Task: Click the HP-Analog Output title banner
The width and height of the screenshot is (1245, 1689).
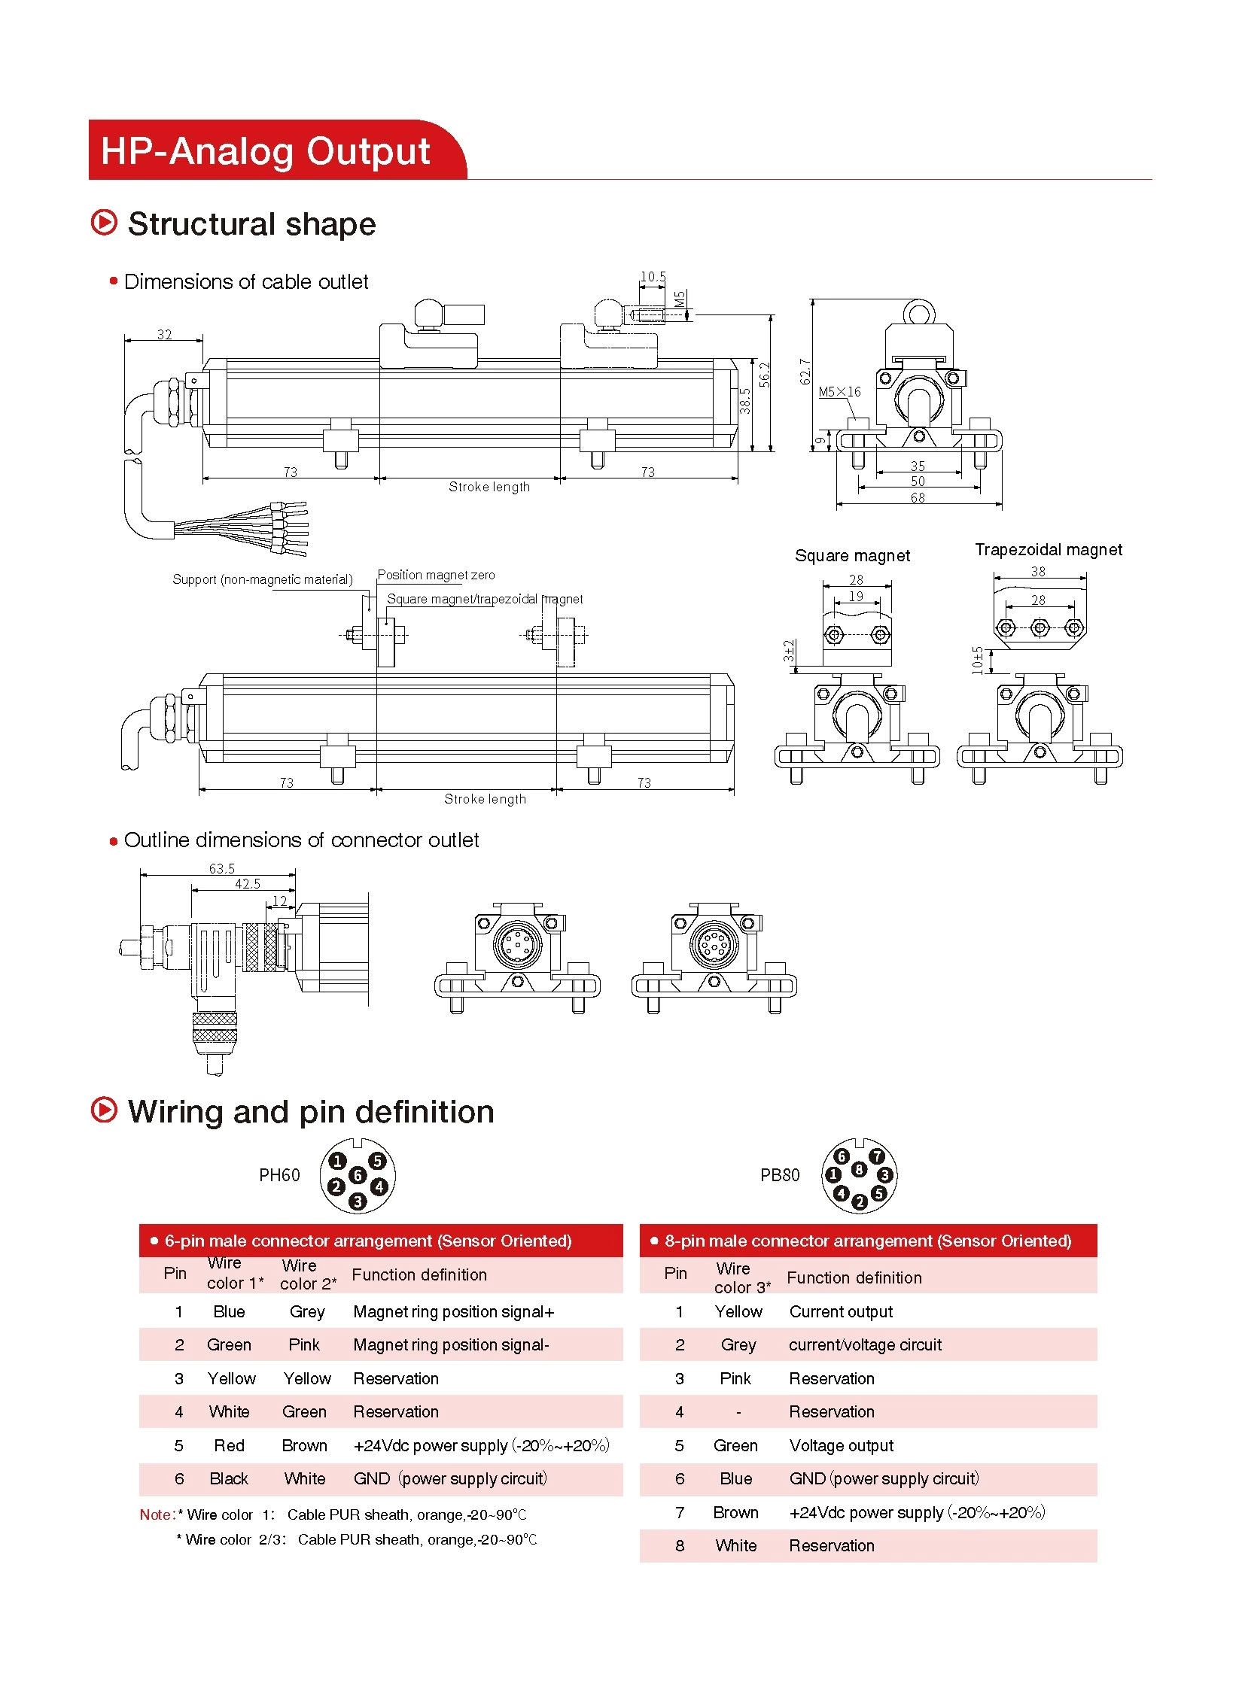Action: (265, 150)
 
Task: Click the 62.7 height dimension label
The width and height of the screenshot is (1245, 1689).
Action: (805, 372)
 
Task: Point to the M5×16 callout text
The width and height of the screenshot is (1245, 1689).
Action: (839, 392)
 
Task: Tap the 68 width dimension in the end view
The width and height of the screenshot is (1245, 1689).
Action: (917, 498)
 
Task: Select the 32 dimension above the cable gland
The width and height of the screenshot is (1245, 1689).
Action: (164, 335)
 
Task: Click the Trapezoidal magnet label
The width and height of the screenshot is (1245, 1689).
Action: (1048, 550)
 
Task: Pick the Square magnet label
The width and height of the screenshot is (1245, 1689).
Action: (851, 556)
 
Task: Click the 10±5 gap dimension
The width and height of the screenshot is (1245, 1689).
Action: (978, 660)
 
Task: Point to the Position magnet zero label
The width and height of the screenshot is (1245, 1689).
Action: (436, 575)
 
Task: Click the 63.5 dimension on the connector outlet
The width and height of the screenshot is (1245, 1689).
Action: (221, 869)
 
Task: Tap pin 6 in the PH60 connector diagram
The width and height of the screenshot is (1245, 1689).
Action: (358, 1175)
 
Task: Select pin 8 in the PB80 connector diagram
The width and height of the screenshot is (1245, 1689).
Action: (858, 1169)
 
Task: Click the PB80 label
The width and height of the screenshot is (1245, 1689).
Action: (779, 1175)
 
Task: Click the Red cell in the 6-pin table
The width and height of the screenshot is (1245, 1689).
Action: (229, 1446)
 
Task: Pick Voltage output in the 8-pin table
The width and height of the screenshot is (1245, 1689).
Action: (841, 1446)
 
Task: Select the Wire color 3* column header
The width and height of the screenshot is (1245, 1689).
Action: (741, 1278)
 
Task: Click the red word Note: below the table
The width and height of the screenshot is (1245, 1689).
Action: (157, 1515)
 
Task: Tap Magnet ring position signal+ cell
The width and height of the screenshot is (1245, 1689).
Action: (454, 1312)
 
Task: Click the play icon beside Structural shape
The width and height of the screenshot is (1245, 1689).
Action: (104, 223)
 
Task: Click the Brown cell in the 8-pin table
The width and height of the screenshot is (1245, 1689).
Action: (735, 1513)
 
